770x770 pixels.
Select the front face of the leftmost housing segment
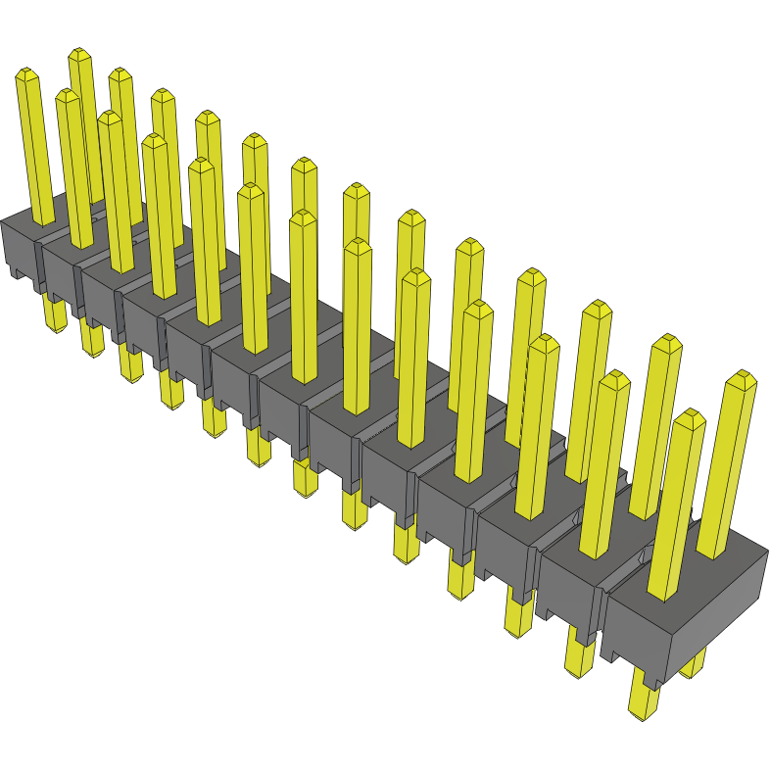point(20,252)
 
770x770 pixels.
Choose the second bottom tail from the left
point(91,339)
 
